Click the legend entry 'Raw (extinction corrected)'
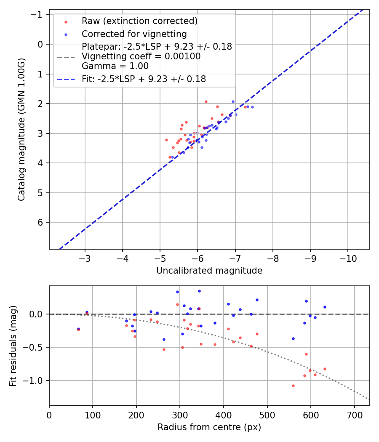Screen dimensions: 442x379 (x=139, y=21)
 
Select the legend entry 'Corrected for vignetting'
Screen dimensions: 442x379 (x=134, y=34)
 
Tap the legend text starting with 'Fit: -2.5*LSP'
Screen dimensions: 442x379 (x=144, y=79)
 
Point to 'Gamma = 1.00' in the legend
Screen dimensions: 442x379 (x=115, y=66)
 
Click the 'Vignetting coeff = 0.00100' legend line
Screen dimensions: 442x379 (x=141, y=56)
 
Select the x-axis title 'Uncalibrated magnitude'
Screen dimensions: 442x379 (x=209, y=271)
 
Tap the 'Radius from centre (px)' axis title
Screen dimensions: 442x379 (x=209, y=427)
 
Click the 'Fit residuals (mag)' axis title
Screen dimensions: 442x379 (x=13, y=346)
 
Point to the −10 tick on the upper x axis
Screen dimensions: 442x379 (x=348, y=258)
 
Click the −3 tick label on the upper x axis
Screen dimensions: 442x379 (x=85, y=258)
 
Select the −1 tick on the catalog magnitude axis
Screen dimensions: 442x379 (x=39, y=15)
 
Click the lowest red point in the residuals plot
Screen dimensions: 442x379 (x=293, y=386)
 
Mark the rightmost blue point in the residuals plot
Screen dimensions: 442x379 (x=325, y=307)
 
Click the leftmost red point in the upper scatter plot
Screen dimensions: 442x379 (x=166, y=140)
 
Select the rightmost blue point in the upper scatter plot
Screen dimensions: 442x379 (x=252, y=107)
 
